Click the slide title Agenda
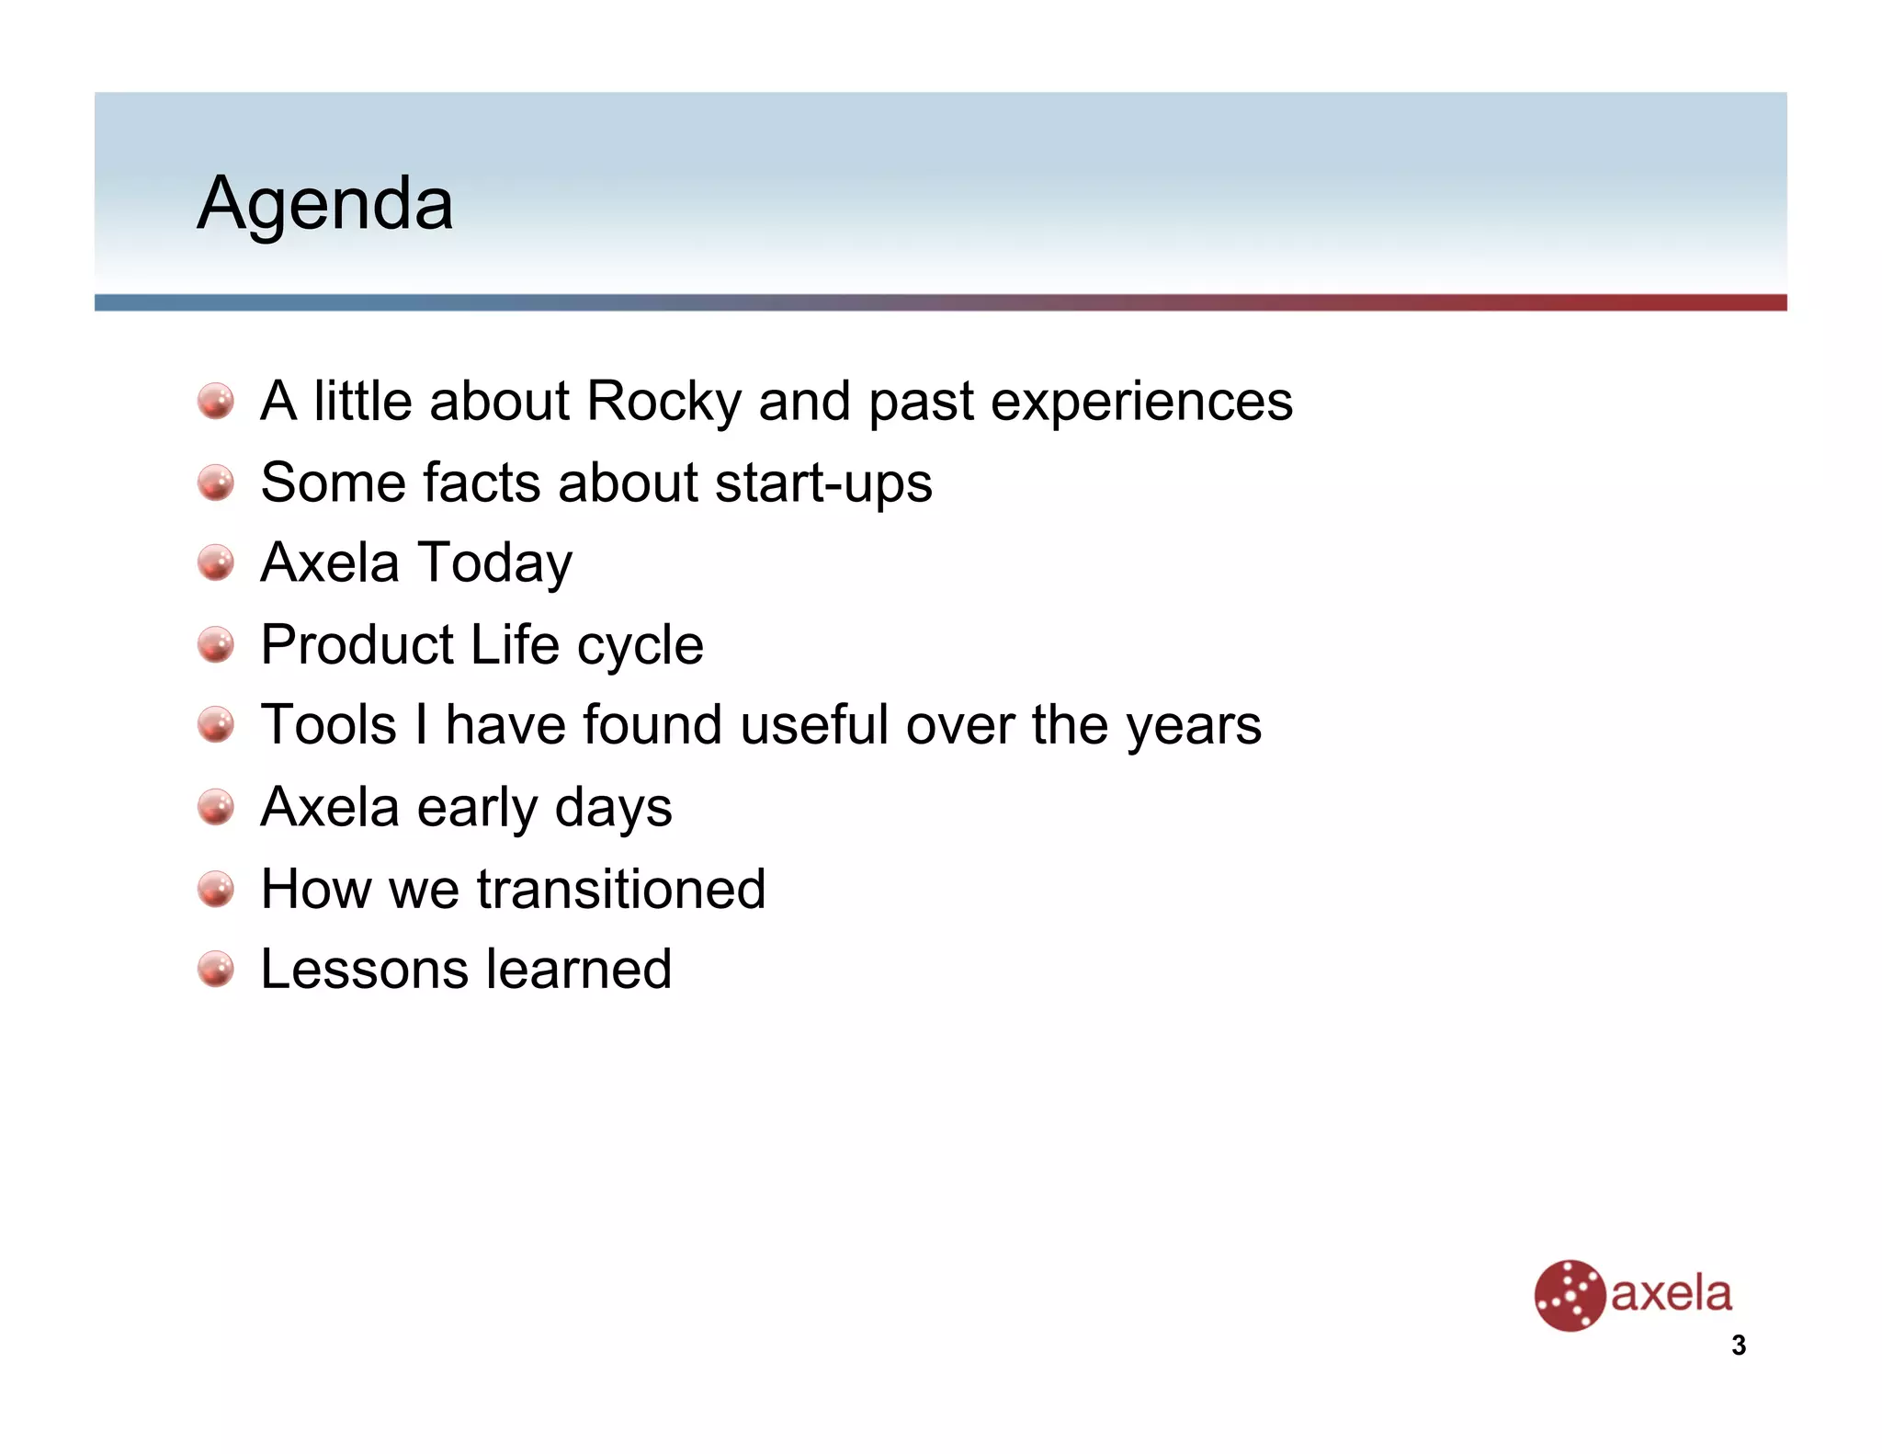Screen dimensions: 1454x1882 (x=325, y=203)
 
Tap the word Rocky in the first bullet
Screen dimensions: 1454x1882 (x=663, y=402)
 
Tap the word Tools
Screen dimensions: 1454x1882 (x=328, y=725)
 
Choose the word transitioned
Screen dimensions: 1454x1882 (x=620, y=889)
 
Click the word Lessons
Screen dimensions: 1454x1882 (x=364, y=970)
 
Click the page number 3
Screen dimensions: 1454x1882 (x=1738, y=1346)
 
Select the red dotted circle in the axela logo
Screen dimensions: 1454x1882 (x=1569, y=1296)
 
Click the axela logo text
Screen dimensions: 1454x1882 (x=1671, y=1294)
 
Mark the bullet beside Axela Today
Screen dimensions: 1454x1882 (x=216, y=563)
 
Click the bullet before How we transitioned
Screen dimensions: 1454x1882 (x=216, y=889)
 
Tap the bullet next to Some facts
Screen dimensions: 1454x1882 (x=216, y=483)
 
